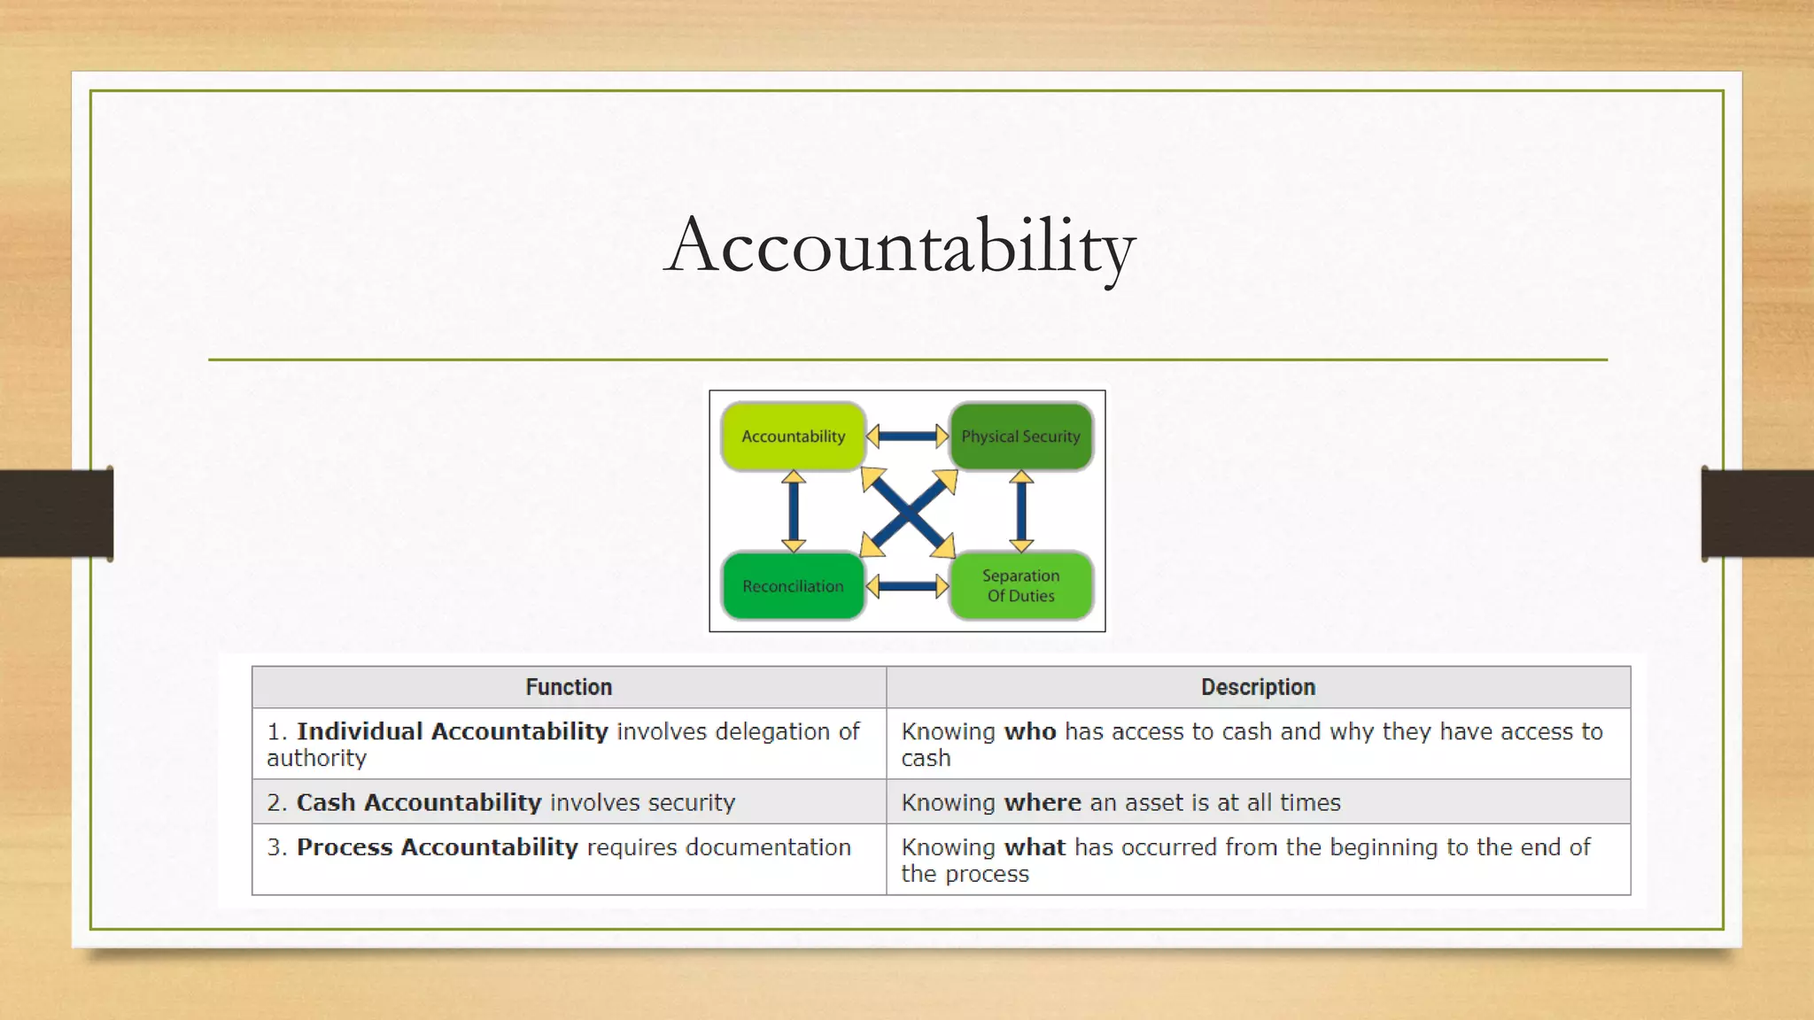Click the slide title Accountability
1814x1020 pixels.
(x=899, y=246)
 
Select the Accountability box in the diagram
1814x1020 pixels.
(x=793, y=436)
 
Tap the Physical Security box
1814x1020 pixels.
(x=1020, y=436)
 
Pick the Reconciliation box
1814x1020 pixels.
(x=793, y=586)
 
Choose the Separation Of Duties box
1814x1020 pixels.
(x=1020, y=585)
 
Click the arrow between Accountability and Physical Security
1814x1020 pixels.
(x=907, y=436)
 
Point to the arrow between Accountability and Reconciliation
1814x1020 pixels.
(x=794, y=511)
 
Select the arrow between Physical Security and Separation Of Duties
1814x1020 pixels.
(x=1021, y=511)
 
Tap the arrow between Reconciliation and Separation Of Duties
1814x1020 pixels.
(x=907, y=586)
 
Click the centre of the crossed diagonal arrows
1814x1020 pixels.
(x=908, y=513)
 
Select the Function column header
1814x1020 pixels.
(x=569, y=687)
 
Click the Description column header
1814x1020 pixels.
(x=1258, y=687)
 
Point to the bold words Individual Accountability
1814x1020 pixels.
(x=452, y=731)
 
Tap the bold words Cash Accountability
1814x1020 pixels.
(x=418, y=802)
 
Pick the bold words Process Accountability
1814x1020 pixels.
(x=437, y=847)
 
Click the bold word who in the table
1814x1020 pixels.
(x=1030, y=731)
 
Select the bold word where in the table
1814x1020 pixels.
(x=1043, y=802)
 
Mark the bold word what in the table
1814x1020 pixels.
(x=1035, y=847)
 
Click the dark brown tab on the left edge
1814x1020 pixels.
(x=56, y=514)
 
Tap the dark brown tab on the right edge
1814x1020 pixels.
(x=1758, y=514)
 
